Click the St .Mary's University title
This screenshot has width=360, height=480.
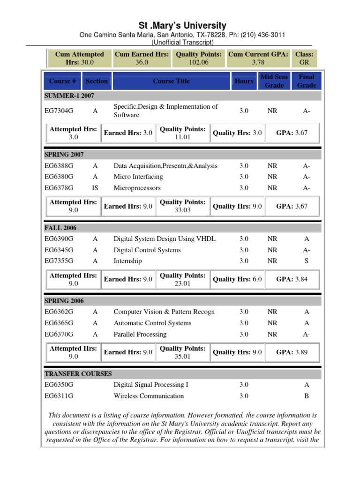182,25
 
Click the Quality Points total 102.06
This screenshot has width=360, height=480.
199,62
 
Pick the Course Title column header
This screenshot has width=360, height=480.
171,81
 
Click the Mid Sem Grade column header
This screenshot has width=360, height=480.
274,81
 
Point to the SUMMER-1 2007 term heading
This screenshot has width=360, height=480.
69,96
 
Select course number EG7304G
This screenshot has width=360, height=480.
59,111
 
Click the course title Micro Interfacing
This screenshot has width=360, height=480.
138,177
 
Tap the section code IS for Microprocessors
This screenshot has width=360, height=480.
95,188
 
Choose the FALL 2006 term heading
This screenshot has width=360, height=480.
60,228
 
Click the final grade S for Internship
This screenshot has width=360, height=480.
307,261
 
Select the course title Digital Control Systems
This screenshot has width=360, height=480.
147,250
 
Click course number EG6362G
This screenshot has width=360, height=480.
59,312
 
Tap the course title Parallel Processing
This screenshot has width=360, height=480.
140,334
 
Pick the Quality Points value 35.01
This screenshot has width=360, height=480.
182,356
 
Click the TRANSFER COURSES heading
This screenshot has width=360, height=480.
78,374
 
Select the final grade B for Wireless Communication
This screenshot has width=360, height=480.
307,396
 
